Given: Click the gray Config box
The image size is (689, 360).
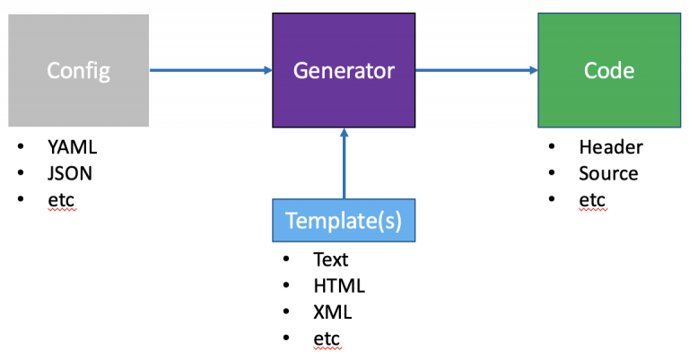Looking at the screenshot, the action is pos(79,70).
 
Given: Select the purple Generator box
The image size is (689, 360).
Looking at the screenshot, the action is pos(344,70).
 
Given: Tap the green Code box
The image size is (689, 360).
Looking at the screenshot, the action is pos(609,70).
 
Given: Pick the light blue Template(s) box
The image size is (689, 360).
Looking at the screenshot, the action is pos(344,220).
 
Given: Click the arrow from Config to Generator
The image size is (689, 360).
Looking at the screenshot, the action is pos(211,70).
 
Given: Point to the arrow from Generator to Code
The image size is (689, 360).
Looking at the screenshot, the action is pos(476,70).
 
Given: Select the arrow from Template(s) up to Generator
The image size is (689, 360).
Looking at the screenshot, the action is pos(344,163).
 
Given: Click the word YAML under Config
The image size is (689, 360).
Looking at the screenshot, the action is pos(72,147).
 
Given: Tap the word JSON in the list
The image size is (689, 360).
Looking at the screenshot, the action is pos(70,173).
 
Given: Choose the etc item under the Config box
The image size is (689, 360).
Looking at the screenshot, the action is pos(61,200).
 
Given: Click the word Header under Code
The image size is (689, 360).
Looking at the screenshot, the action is pos(611,147).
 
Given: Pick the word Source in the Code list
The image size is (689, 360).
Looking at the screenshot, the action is pos(608,173).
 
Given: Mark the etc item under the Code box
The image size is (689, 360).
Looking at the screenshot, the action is pos(592,200).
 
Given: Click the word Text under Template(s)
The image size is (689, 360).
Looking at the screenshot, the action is pos(330,259).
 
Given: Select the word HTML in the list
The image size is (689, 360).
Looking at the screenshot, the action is pos(339,286).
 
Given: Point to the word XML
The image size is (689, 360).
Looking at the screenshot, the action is pos(332,312).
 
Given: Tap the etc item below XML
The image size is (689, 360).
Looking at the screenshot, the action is pos(327,338).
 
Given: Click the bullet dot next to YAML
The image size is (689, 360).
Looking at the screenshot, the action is pos(21,146).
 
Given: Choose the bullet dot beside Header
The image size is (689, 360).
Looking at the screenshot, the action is pos(552,146).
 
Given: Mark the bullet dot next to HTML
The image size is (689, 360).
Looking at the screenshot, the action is pos(286,285).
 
